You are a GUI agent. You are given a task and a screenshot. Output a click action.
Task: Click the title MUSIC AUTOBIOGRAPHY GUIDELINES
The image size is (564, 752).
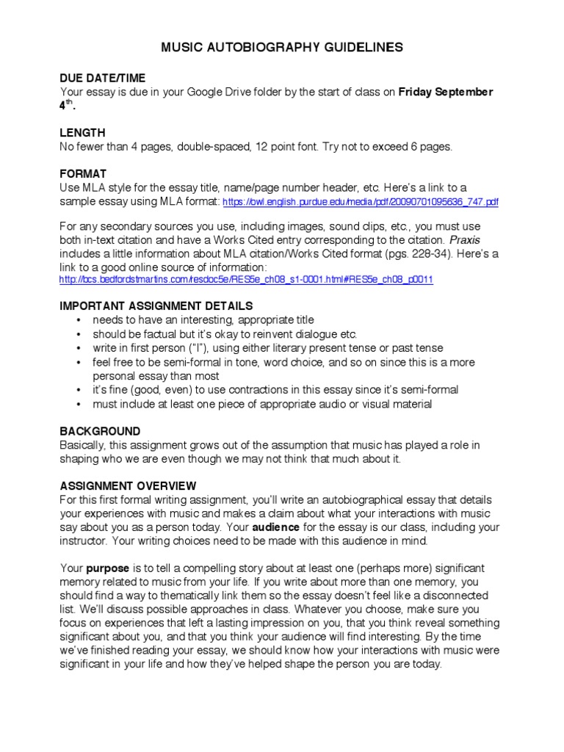[282, 47]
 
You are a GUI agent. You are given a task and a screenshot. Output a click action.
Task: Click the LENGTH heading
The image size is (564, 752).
[82, 133]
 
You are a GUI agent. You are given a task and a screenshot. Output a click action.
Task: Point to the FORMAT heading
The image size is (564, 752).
[83, 174]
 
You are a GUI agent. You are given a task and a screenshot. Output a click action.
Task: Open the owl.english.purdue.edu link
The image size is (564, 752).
[360, 202]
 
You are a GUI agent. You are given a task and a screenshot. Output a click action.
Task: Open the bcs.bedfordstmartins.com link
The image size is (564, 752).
[246, 281]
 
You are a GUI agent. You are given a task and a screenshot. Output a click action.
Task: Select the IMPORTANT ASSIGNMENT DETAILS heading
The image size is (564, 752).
[156, 305]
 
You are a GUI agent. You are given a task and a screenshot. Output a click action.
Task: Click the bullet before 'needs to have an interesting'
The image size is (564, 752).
[78, 320]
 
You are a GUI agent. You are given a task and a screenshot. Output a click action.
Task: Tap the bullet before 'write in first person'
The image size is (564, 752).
[78, 348]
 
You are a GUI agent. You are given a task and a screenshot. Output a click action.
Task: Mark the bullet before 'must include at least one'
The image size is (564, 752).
[78, 404]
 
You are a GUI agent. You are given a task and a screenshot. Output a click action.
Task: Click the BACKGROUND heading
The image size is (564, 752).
[100, 431]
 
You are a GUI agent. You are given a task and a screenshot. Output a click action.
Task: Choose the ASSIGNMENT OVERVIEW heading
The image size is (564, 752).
[128, 486]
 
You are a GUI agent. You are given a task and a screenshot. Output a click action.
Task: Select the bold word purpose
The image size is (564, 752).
[107, 569]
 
